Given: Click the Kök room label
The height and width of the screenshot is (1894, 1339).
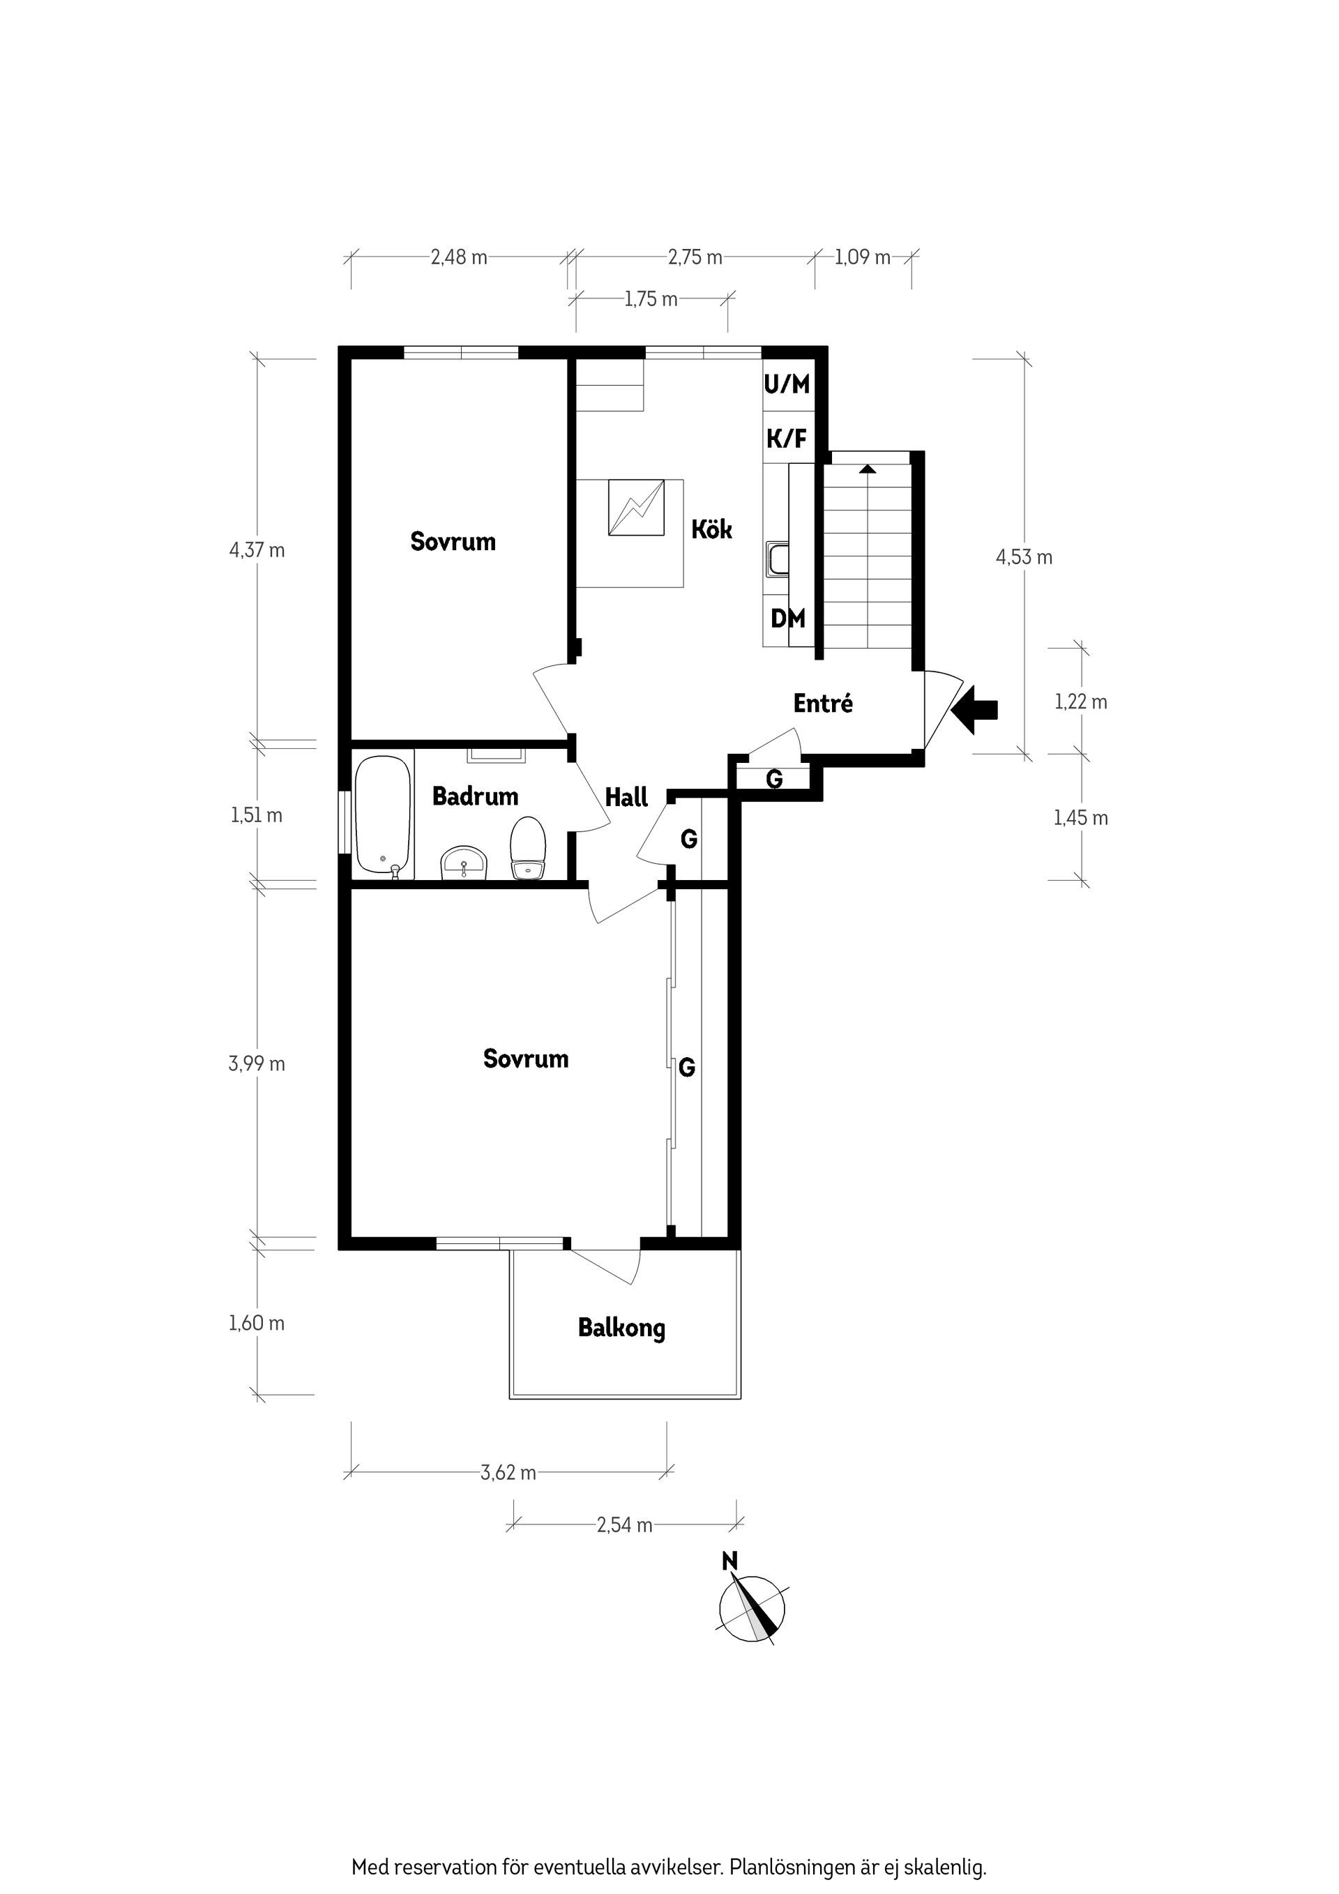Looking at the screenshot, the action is (711, 529).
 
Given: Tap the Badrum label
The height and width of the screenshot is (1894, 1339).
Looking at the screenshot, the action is (475, 796).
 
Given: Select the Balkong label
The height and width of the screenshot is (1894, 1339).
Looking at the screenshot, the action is (621, 1329).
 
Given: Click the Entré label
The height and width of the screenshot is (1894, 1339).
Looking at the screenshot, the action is (822, 703).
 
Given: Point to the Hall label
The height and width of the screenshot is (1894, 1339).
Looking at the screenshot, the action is (626, 797).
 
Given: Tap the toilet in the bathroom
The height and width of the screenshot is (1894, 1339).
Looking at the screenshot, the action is (528, 849).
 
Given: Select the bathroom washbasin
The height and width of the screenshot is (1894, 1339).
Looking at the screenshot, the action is (465, 863).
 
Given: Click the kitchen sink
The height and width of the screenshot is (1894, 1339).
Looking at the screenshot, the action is (777, 559).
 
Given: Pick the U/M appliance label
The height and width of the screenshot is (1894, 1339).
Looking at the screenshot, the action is (787, 384).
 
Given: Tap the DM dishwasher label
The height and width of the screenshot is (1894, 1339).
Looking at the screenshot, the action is (788, 618).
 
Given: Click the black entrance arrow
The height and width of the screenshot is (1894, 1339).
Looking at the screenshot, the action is (974, 709).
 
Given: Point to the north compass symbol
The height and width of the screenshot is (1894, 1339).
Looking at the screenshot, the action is (752, 1608).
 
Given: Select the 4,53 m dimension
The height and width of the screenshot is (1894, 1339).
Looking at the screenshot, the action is (1024, 556).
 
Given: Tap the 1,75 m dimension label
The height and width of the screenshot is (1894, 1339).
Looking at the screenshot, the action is (651, 298).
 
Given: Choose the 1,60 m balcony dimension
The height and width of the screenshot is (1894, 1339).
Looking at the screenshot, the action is (257, 1323).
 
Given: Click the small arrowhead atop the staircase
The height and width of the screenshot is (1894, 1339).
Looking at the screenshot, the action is (866, 469).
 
